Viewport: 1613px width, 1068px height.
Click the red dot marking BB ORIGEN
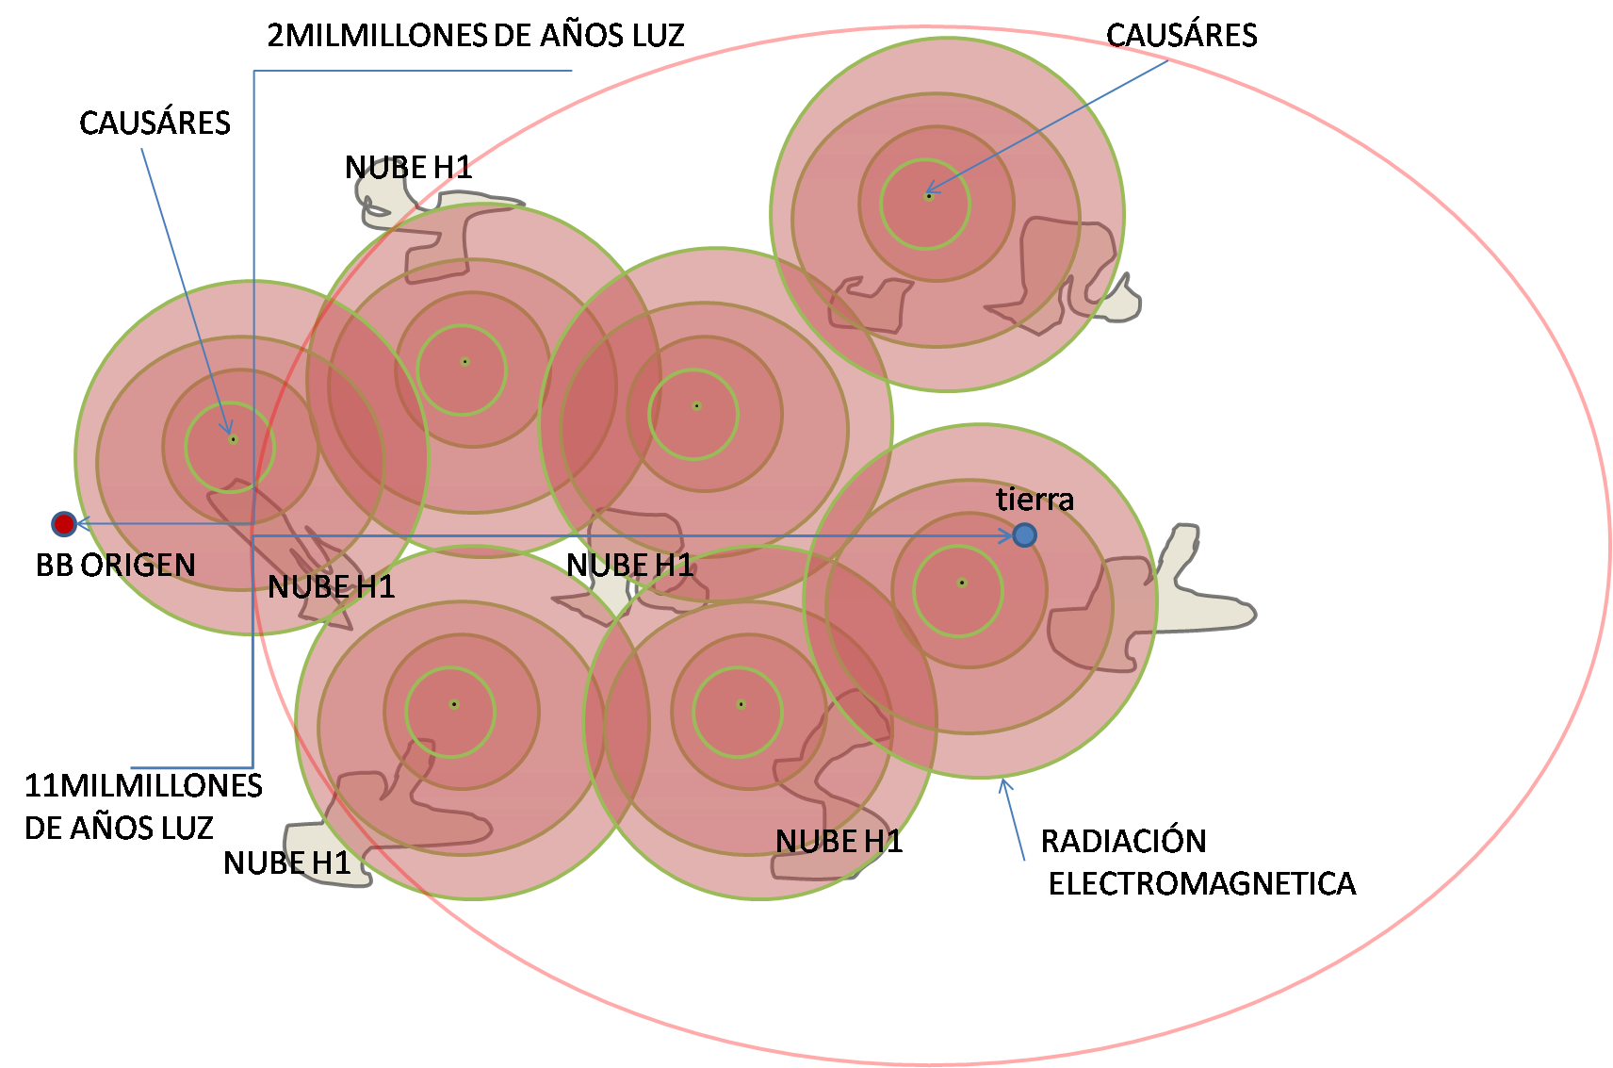click(x=63, y=523)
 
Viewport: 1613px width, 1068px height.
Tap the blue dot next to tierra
click(x=1024, y=535)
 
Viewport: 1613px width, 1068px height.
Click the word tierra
click(x=1035, y=499)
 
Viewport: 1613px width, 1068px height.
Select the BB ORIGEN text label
click(x=116, y=565)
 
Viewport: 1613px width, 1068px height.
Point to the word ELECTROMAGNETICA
click(x=1202, y=883)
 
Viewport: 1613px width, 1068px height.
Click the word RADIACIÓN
click(x=1123, y=840)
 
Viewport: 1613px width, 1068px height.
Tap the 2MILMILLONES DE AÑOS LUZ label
click(x=476, y=36)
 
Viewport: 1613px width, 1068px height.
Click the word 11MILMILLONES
click(x=143, y=785)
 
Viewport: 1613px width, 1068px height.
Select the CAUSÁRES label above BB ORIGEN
click(x=155, y=123)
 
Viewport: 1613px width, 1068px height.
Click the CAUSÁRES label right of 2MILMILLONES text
click(x=1181, y=36)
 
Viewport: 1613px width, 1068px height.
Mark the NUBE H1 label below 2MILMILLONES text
click(x=408, y=168)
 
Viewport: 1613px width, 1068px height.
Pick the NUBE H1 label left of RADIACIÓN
click(x=839, y=841)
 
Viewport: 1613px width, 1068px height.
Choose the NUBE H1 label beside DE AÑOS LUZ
click(x=286, y=863)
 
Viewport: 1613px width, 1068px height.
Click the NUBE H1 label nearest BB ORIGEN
click(x=331, y=587)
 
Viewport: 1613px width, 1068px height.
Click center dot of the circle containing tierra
click(x=961, y=583)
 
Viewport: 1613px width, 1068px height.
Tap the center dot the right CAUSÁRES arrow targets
click(x=929, y=196)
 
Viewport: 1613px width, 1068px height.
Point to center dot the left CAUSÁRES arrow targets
click(x=233, y=439)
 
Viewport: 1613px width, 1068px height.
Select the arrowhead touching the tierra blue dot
click(x=1006, y=535)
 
